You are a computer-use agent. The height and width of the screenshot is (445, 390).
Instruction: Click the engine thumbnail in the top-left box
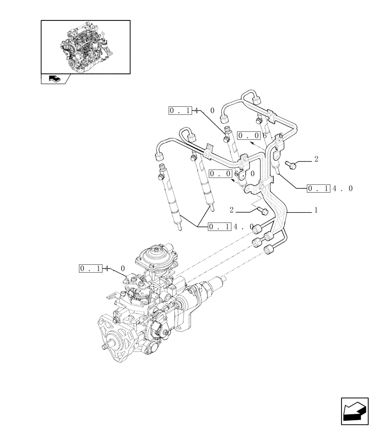[x=85, y=46]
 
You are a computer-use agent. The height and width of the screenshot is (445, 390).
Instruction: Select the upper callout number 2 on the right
[x=316, y=159]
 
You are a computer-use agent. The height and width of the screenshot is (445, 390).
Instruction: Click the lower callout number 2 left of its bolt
[x=232, y=209]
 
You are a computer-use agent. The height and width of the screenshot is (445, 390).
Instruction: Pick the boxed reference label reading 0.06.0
[x=232, y=174]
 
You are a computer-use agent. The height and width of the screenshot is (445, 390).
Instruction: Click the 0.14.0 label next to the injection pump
[x=102, y=268]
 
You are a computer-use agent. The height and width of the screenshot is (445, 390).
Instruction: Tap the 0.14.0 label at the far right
[x=330, y=189]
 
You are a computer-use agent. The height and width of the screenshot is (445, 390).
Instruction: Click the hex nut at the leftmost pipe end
[x=158, y=156]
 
